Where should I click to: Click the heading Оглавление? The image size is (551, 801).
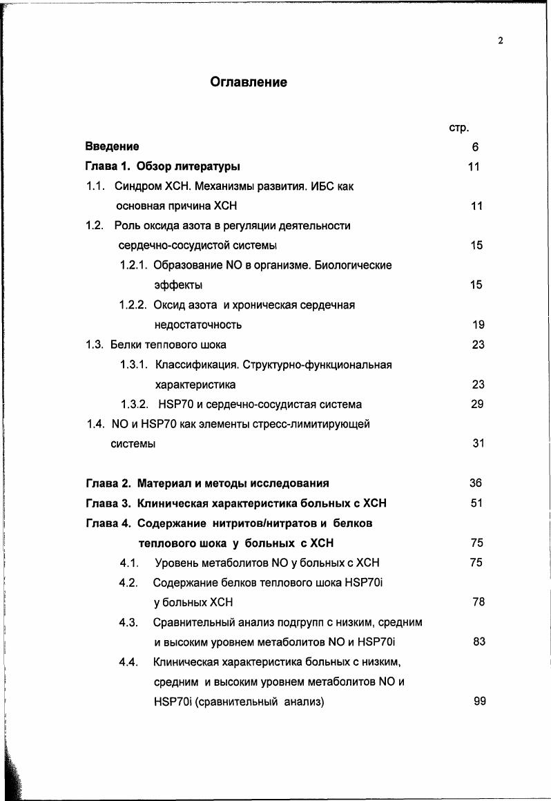click(x=248, y=82)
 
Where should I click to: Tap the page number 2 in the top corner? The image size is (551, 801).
click(x=500, y=41)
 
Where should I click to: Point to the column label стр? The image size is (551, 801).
click(x=459, y=128)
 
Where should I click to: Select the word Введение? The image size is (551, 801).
click(x=112, y=146)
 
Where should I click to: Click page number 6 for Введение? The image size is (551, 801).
click(x=476, y=147)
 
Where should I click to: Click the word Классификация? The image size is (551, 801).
click(x=195, y=365)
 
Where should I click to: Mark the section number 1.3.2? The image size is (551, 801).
click(x=135, y=404)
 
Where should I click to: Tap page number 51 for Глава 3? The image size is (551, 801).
click(x=476, y=503)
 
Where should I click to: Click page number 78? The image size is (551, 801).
click(x=478, y=602)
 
